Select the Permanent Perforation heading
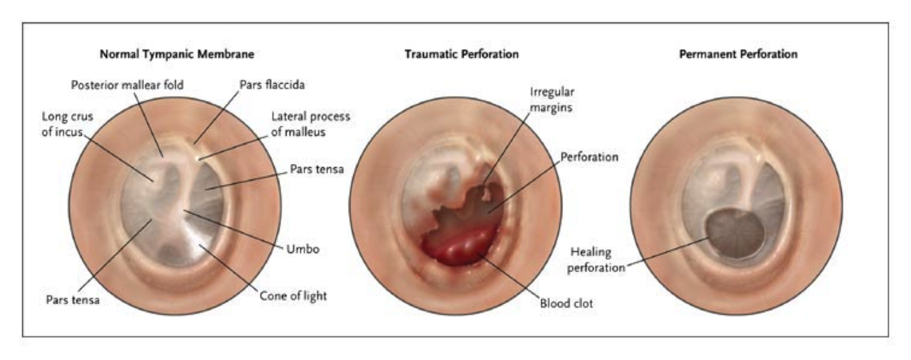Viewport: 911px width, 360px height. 738,54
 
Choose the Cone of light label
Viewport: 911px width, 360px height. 293,295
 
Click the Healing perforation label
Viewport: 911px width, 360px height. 595,262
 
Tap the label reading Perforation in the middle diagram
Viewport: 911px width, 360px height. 589,157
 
